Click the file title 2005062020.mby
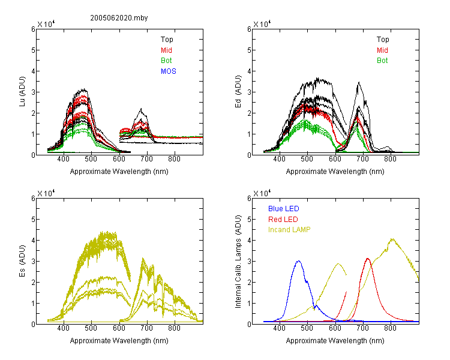click(119, 18)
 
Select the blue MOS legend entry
click(169, 71)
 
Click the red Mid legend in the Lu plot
click(166, 50)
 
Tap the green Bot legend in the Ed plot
click(382, 61)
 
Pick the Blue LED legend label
click(284, 209)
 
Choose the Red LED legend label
click(283, 220)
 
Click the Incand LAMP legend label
click(289, 230)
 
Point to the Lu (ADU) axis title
click(22, 91)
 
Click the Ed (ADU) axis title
click(238, 91)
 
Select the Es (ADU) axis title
click(22, 260)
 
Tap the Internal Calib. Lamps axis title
click(238, 261)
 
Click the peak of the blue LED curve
click(298, 261)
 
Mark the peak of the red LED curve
click(368, 259)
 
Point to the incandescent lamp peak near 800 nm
click(392, 239)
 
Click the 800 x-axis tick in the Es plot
click(174, 328)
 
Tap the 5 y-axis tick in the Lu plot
click(33, 50)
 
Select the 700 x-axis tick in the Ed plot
click(362, 159)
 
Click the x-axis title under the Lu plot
click(119, 172)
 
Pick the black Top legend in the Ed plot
click(383, 40)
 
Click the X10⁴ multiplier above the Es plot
click(46, 193)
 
